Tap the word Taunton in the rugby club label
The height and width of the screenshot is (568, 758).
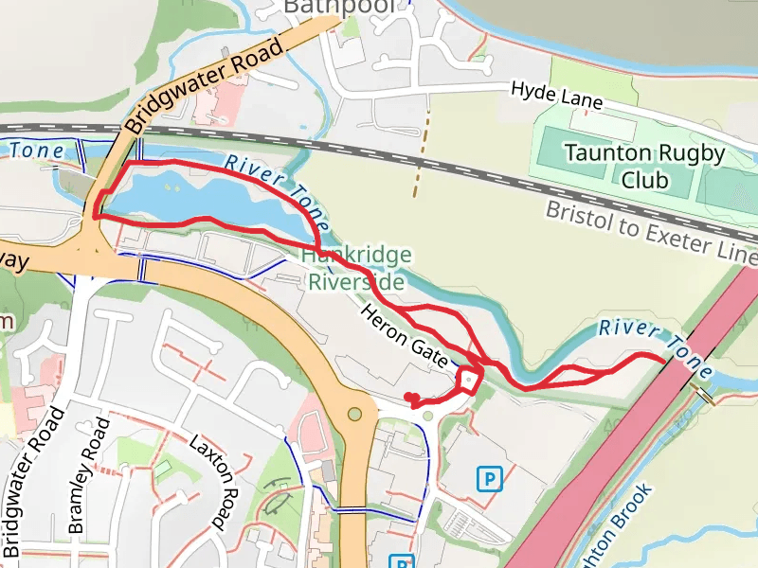(605, 153)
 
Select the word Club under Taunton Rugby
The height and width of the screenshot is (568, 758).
(645, 180)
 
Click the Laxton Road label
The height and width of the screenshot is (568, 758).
(211, 481)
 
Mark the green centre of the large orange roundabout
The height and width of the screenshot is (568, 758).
(355, 414)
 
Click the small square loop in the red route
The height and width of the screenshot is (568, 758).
(469, 380)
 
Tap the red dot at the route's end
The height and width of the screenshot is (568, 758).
(408, 397)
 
